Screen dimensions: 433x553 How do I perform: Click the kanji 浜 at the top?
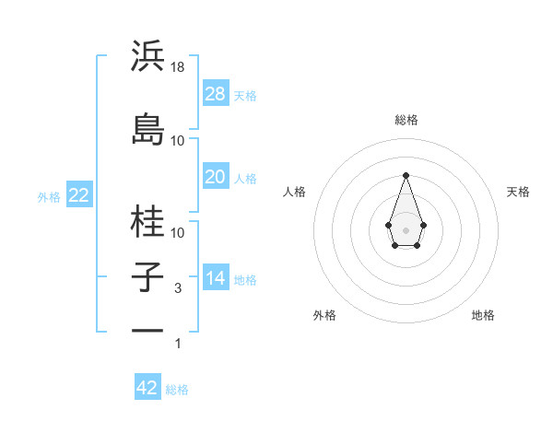(x=148, y=57)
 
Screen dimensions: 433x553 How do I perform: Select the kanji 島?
(x=148, y=130)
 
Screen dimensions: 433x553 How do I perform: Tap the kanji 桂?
(x=148, y=221)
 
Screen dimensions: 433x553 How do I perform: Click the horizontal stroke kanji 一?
(x=148, y=331)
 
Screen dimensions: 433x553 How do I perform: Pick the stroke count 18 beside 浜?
(x=179, y=66)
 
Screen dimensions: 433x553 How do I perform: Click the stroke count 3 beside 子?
(x=178, y=288)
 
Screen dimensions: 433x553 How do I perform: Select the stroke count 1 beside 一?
(x=178, y=344)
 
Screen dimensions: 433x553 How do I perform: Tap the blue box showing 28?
(x=216, y=94)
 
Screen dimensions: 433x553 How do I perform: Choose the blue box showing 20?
(x=216, y=177)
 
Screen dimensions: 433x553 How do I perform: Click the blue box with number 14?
(x=216, y=278)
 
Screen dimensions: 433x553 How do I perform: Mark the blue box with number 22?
(x=78, y=195)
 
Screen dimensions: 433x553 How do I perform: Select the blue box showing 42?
(x=147, y=388)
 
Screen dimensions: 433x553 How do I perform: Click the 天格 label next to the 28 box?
(x=245, y=95)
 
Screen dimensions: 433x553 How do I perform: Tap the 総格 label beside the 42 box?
(x=177, y=389)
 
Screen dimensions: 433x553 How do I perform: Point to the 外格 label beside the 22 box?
(x=49, y=196)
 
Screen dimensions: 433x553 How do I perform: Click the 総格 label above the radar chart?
(x=406, y=120)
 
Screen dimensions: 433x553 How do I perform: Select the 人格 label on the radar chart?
(x=294, y=192)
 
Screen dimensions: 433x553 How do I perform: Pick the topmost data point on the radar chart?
(x=406, y=174)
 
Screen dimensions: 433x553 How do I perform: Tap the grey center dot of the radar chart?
(x=406, y=229)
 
